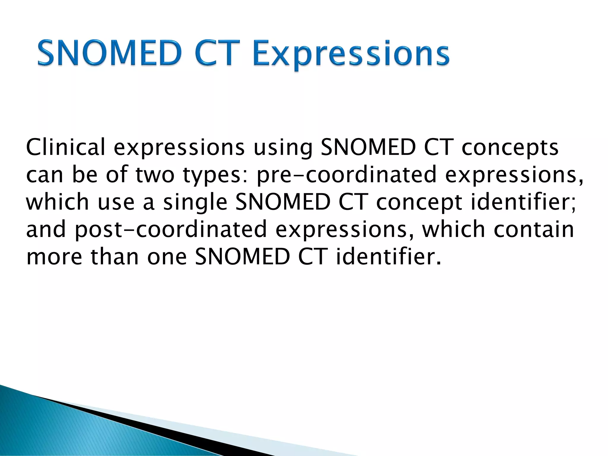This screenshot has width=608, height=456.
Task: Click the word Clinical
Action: coord(66,147)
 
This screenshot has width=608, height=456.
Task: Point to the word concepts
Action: coord(510,148)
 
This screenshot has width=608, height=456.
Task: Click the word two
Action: coord(155,175)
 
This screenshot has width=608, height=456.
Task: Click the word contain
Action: coord(533,229)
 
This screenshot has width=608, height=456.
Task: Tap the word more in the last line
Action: coord(54,257)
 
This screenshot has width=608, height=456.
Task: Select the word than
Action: coord(115,256)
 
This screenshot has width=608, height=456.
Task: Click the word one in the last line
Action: coord(167,257)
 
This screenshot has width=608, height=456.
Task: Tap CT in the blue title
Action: coord(218,53)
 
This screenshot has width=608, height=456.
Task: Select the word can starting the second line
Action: coord(45,175)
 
